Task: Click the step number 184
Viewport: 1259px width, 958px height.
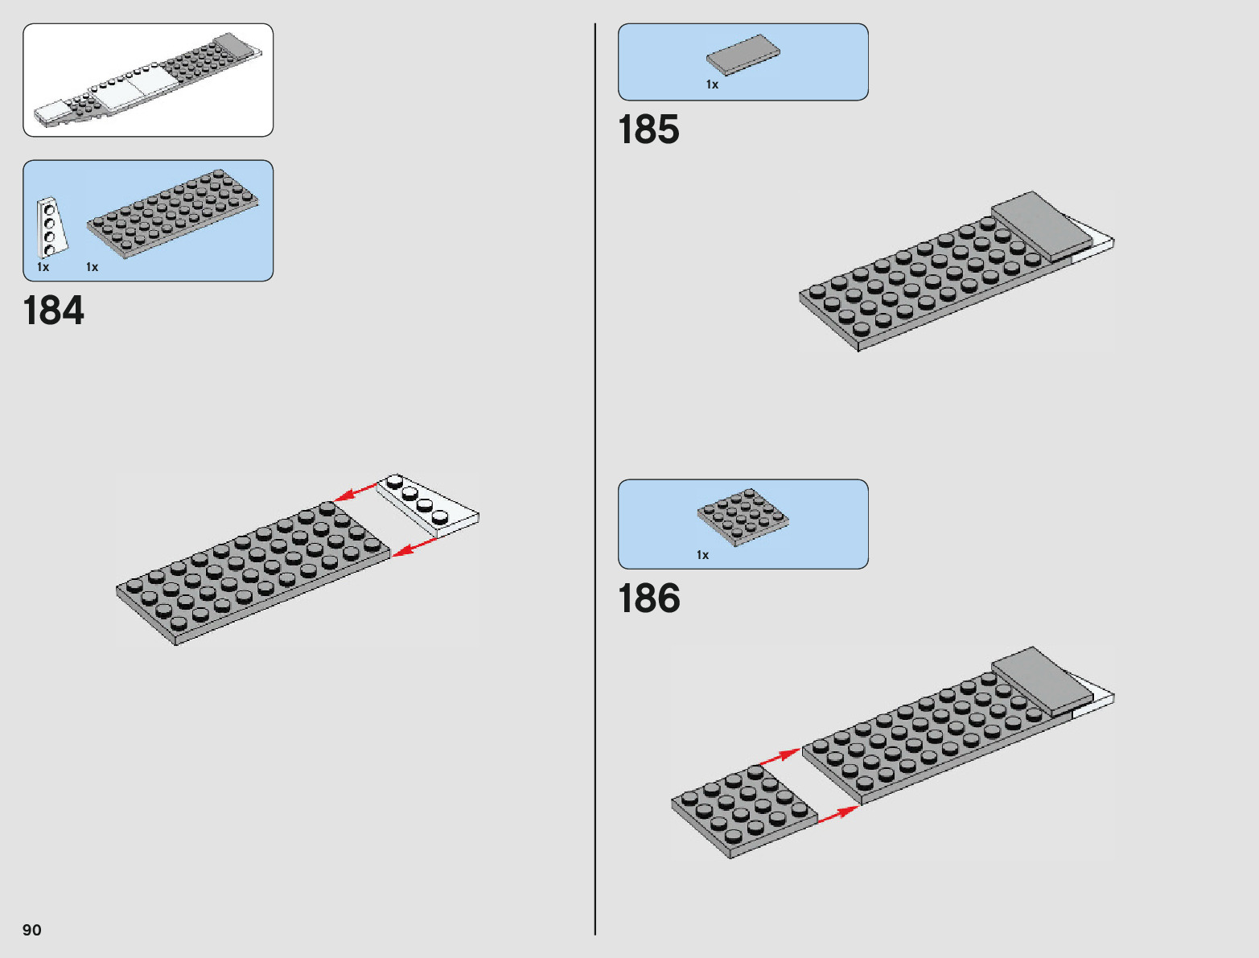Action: [54, 311]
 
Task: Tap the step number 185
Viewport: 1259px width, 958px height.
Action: [648, 130]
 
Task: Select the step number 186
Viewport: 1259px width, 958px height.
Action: [648, 599]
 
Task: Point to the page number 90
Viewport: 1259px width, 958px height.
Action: [32, 930]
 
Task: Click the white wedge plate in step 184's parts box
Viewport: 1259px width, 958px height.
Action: [51, 227]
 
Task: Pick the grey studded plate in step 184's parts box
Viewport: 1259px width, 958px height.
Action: [172, 212]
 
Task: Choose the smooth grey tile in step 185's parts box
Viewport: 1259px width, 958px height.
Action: [743, 55]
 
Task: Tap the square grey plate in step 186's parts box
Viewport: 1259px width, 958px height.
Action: [743, 516]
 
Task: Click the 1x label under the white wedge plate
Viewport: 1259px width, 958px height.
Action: [43, 267]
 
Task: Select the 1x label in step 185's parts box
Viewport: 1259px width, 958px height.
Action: [712, 84]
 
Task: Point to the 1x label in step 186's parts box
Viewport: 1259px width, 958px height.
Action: [702, 555]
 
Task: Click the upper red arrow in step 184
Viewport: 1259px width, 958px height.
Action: [356, 491]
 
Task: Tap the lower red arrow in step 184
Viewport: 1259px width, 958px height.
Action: [415, 547]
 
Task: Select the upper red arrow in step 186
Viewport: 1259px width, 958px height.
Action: [779, 756]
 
